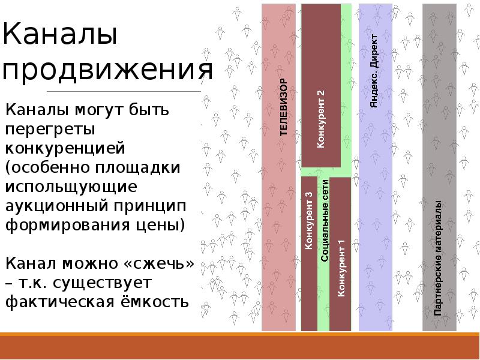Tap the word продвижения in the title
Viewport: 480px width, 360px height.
pyautogui.click(x=108, y=71)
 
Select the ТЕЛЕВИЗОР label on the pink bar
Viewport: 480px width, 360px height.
pyautogui.click(x=284, y=107)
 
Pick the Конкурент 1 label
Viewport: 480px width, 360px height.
pyautogui.click(x=341, y=268)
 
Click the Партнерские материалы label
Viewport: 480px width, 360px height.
pyautogui.click(x=439, y=258)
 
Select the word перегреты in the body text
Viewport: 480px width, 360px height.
pyautogui.click(x=50, y=129)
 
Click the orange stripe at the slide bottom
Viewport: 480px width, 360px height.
pyautogui.click(x=240, y=349)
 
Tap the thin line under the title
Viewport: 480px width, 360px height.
pyautogui.click(x=102, y=91)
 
